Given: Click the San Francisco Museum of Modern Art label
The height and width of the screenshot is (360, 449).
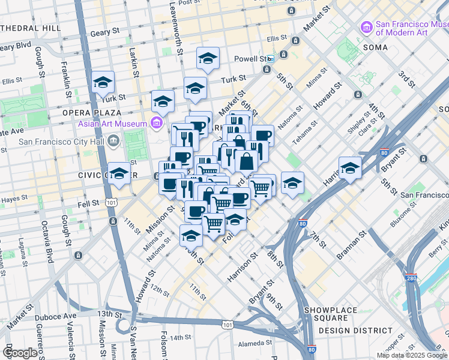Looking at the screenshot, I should (411, 28).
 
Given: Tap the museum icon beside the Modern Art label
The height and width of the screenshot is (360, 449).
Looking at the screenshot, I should (366, 28).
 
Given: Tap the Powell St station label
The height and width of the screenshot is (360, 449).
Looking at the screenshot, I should (254, 59).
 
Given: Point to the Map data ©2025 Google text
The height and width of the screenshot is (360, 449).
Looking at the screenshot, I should (411, 355).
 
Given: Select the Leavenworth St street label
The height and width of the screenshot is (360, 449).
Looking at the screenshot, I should (176, 27).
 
